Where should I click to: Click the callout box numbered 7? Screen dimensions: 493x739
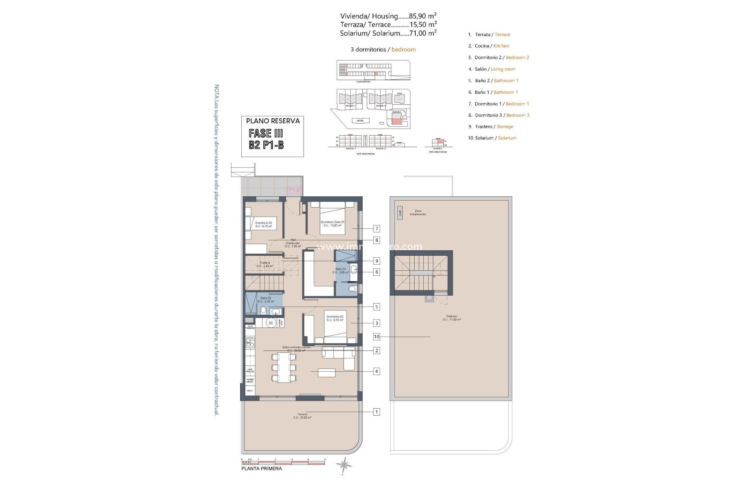[377, 229]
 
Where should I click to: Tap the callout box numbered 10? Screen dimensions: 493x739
[376, 337]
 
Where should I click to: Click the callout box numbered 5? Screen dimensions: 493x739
[377, 307]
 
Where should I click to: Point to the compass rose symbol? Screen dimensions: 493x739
[343, 465]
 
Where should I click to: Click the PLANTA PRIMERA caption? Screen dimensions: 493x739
[261, 469]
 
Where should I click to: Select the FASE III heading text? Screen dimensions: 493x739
[266, 133]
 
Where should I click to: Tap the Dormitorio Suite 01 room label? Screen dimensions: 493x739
[332, 223]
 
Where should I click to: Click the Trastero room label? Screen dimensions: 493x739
[264, 264]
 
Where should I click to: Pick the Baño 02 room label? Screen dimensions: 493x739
[266, 300]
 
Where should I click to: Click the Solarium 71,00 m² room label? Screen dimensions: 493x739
[451, 318]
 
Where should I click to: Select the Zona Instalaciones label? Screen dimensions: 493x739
[418, 213]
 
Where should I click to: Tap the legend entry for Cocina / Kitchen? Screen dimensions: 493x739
[492, 46]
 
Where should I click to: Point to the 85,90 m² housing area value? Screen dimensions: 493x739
[422, 16]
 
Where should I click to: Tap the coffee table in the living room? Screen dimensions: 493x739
[326, 373]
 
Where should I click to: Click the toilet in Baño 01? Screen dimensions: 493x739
[352, 288]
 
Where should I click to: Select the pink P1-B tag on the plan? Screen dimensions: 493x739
[294, 190]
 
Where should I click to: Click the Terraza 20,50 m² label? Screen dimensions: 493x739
[302, 416]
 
